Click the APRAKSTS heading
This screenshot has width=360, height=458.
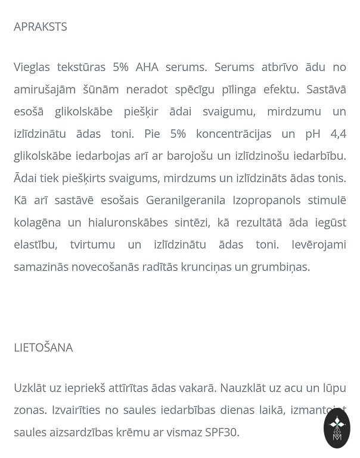(x=41, y=27)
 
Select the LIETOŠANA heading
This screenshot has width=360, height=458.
(x=44, y=348)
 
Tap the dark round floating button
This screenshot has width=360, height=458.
(x=337, y=428)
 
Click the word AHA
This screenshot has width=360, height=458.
(x=147, y=67)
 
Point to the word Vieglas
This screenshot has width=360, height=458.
(x=33, y=67)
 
